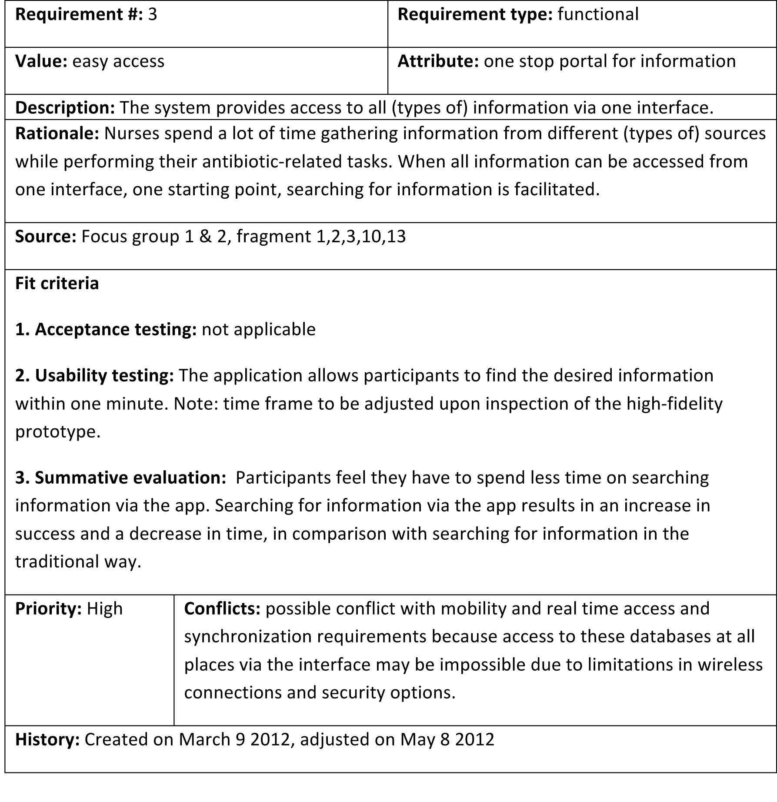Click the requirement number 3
click(x=152, y=15)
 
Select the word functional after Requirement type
click(x=598, y=15)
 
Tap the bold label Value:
click(x=41, y=61)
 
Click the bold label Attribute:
click(x=438, y=61)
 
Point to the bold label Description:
click(x=65, y=108)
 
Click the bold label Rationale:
click(x=57, y=134)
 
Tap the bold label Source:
click(x=46, y=236)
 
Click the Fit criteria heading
click(x=57, y=283)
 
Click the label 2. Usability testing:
click(x=94, y=375)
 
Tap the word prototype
click(x=57, y=431)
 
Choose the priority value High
click(x=105, y=608)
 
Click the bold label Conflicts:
click(x=222, y=608)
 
